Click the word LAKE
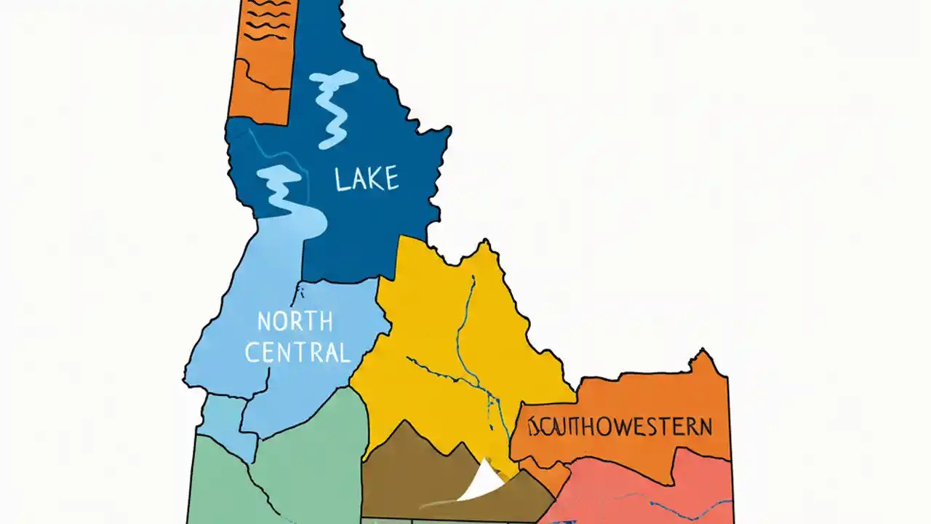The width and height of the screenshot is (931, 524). click(x=367, y=179)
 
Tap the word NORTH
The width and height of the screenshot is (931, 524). click(x=295, y=321)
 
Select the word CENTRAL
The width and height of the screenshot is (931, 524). click(x=297, y=352)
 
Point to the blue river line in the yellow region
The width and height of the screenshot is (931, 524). click(x=465, y=320)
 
